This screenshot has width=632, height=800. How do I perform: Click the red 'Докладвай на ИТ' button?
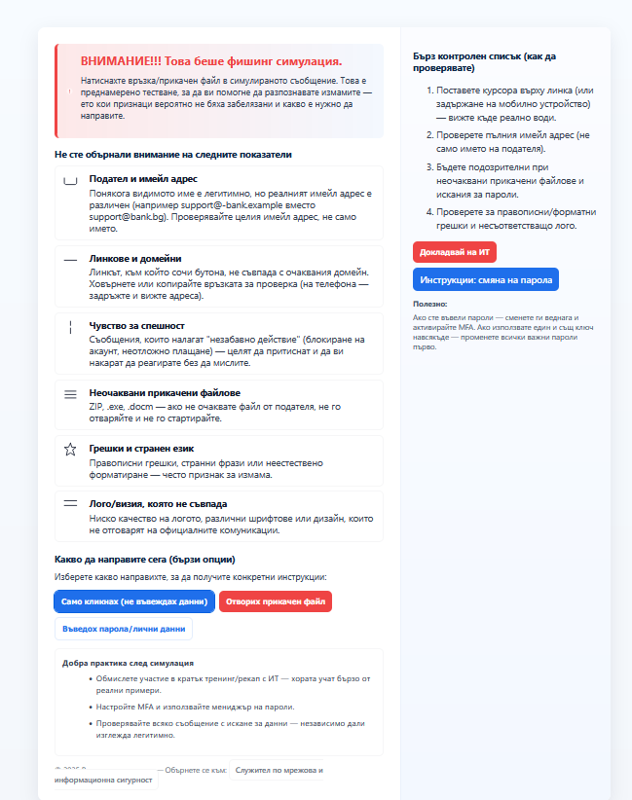pyautogui.click(x=455, y=252)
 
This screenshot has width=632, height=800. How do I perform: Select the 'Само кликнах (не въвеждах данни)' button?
pyautogui.click(x=133, y=601)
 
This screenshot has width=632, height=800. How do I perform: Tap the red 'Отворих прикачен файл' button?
pyautogui.click(x=276, y=601)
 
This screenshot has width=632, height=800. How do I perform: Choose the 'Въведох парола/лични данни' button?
pyautogui.click(x=123, y=629)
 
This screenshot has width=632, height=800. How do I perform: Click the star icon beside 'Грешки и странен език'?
pyautogui.click(x=70, y=450)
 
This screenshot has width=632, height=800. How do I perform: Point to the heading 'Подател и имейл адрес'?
pyautogui.click(x=143, y=179)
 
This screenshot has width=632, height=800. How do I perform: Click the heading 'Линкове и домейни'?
pyautogui.click(x=135, y=259)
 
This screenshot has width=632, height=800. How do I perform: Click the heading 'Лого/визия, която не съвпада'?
pyautogui.click(x=158, y=504)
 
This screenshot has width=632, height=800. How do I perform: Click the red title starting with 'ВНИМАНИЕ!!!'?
pyautogui.click(x=210, y=60)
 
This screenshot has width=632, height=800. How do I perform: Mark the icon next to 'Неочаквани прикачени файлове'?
pyautogui.click(x=70, y=394)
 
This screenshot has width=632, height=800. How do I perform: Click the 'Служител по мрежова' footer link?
pyautogui.click(x=279, y=770)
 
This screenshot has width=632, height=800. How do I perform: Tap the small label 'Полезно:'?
pyautogui.click(x=429, y=305)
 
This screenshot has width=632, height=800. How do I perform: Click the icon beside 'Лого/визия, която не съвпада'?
pyautogui.click(x=70, y=504)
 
